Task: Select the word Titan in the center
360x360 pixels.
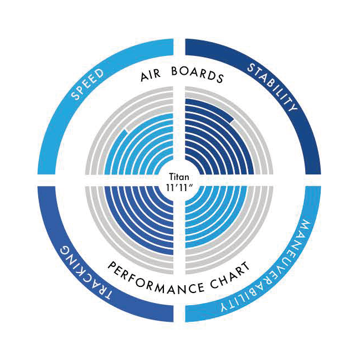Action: pyautogui.click(x=180, y=178)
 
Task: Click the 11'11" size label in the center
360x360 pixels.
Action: pyautogui.click(x=180, y=188)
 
